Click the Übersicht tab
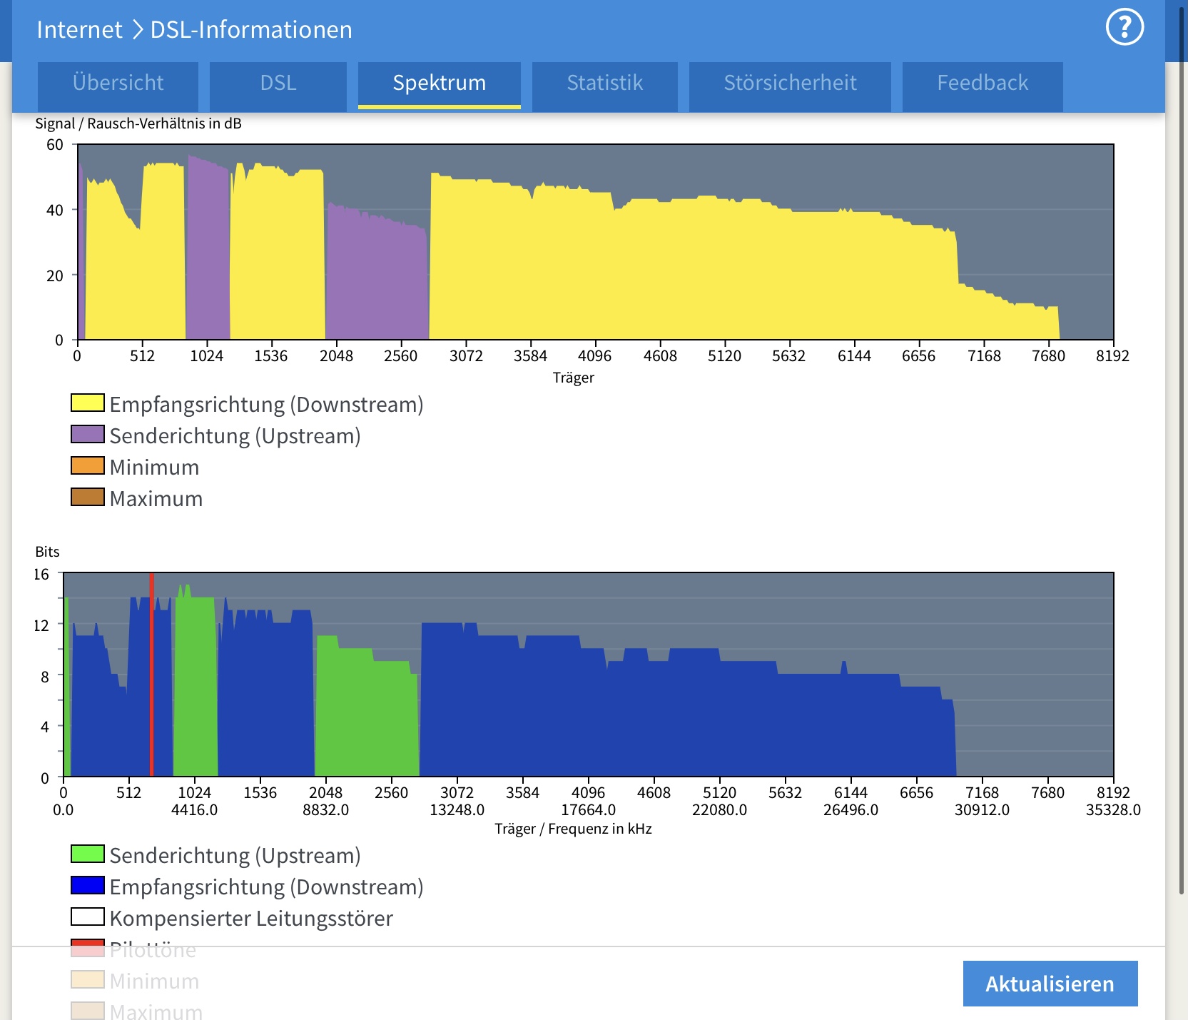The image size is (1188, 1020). [x=118, y=84]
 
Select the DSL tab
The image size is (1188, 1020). [x=278, y=84]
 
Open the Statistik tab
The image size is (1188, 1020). [x=604, y=84]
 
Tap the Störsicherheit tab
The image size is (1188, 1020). [x=790, y=84]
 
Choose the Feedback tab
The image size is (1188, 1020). [x=983, y=84]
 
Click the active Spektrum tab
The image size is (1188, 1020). [x=439, y=84]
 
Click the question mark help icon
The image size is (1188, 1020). [x=1124, y=27]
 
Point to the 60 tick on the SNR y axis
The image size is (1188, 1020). [x=55, y=145]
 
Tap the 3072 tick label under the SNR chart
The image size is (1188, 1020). [x=466, y=355]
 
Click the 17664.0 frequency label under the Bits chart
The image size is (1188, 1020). [x=588, y=810]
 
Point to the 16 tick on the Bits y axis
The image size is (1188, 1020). [x=41, y=575]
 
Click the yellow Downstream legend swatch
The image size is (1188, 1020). [x=88, y=403]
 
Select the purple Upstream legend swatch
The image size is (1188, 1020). [x=88, y=435]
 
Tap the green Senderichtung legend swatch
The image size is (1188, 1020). [x=88, y=854]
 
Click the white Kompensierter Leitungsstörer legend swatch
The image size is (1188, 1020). [x=88, y=917]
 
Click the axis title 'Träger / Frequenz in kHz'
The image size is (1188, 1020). [x=573, y=829]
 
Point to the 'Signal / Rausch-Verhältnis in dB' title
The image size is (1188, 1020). [x=138, y=123]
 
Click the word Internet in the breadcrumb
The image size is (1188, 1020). [x=79, y=30]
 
